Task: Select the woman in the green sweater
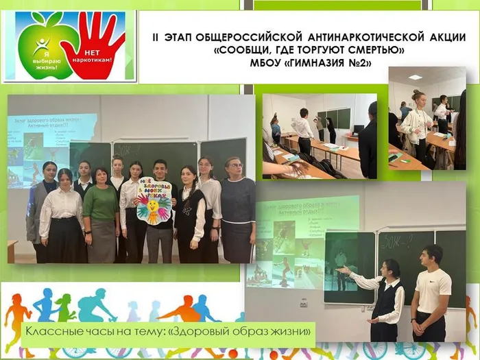(100, 209)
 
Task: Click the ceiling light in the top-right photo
(415, 77)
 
